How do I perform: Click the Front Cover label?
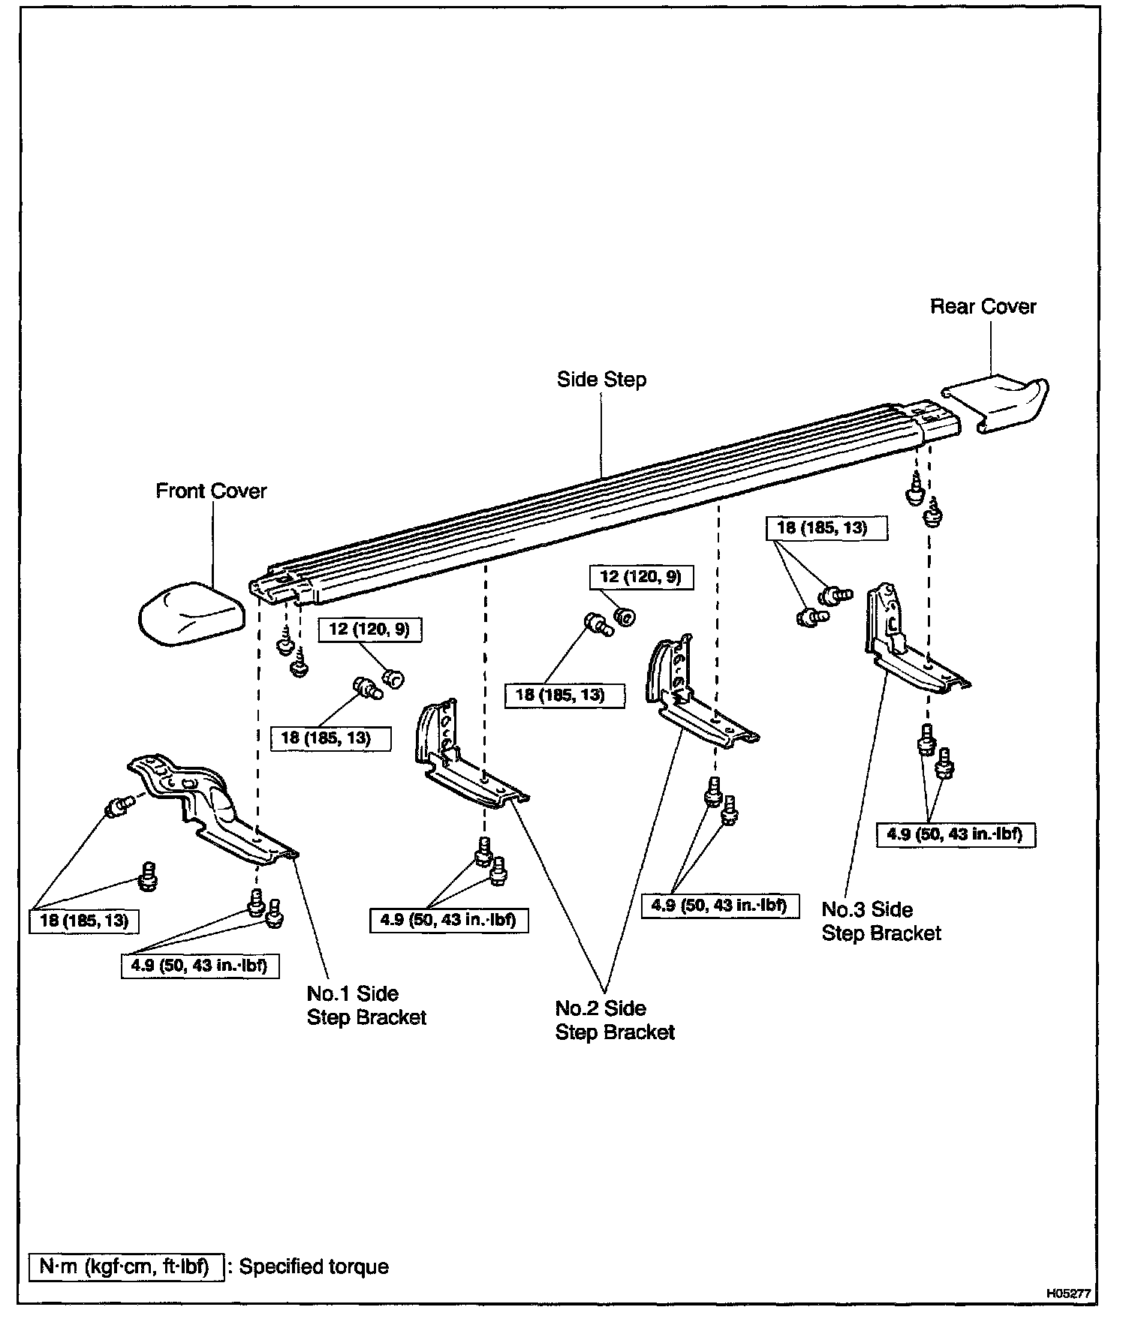click(x=211, y=491)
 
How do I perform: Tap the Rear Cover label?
click(x=983, y=307)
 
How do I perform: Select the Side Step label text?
click(x=601, y=380)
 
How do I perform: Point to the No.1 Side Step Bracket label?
click(x=366, y=1005)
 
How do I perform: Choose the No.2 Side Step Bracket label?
click(x=615, y=1020)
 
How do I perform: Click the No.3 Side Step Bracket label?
click(x=881, y=921)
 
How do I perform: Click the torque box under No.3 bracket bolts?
click(x=955, y=834)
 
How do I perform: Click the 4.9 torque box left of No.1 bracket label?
click(x=200, y=966)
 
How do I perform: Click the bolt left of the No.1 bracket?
click(x=117, y=808)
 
